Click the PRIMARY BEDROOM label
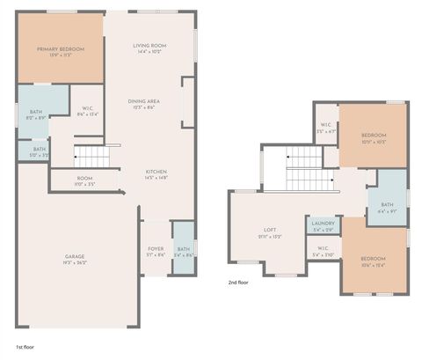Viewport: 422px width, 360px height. tap(60, 49)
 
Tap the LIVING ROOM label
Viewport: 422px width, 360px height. tap(150, 46)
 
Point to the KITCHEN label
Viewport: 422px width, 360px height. tap(156, 173)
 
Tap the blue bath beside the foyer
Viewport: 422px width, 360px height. tap(183, 250)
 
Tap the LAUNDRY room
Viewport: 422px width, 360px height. tap(323, 225)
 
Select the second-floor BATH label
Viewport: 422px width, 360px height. tap(388, 208)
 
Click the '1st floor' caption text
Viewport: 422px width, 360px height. tap(26, 347)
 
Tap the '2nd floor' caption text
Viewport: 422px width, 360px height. tap(240, 283)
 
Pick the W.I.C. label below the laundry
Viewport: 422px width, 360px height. tap(323, 250)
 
